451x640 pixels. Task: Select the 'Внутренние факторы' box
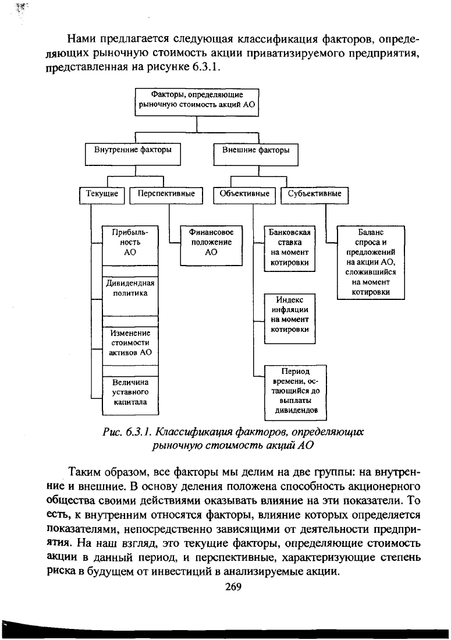point(133,150)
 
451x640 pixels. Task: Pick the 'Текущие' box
point(102,194)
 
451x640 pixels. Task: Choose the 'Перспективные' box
point(165,194)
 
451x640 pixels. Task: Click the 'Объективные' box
point(244,194)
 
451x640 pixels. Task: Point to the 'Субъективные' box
point(314,194)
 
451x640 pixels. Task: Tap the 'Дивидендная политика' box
point(130,289)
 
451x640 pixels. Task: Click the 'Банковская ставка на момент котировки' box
point(289,247)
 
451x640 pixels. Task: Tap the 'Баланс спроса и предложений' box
point(371,262)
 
